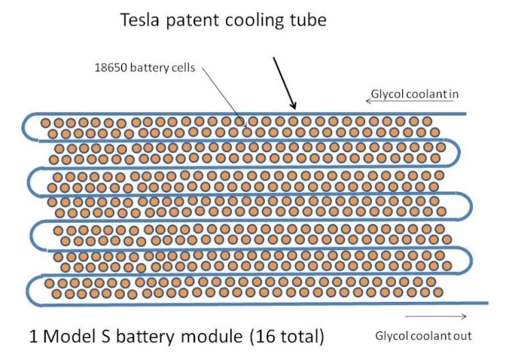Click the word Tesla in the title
tap(141, 20)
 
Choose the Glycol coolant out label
tap(423, 335)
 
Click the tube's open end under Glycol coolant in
tap(464, 113)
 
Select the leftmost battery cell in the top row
tap(46, 123)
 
